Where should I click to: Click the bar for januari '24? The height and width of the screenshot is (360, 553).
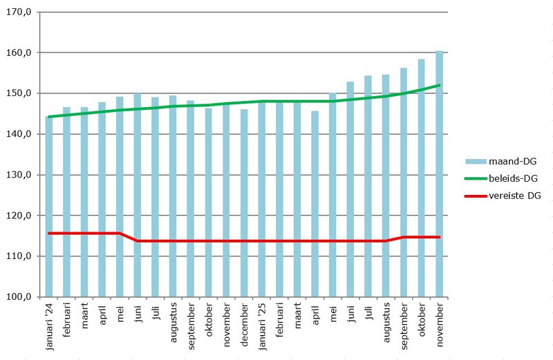49,207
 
